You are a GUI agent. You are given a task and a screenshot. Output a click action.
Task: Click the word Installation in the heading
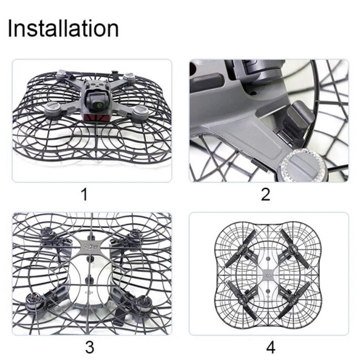[63, 29]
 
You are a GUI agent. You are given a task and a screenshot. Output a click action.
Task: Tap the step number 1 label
[85, 194]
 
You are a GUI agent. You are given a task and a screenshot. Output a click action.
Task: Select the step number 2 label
[265, 194]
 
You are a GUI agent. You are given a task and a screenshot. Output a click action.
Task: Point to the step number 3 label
[89, 347]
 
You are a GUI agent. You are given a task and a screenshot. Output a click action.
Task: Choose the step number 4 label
[271, 347]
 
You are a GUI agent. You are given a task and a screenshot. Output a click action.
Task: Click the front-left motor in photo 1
[53, 109]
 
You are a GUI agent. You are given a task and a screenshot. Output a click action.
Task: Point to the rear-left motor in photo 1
[62, 74]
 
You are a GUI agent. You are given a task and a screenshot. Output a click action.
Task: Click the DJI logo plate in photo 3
[91, 247]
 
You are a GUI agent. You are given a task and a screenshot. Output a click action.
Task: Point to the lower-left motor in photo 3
[33, 301]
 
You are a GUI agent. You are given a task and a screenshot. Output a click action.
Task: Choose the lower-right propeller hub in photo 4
[293, 299]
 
